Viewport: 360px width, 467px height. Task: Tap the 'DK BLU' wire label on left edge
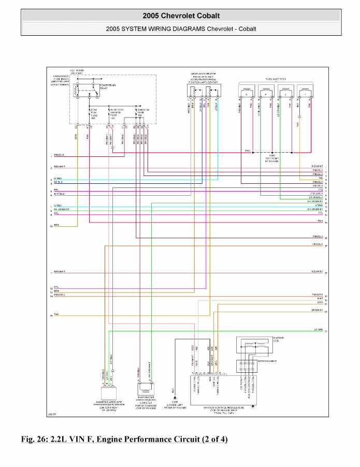coord(59,182)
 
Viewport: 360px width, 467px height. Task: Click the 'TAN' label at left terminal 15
coord(56,314)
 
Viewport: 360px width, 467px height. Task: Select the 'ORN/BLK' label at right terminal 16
coord(318,244)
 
